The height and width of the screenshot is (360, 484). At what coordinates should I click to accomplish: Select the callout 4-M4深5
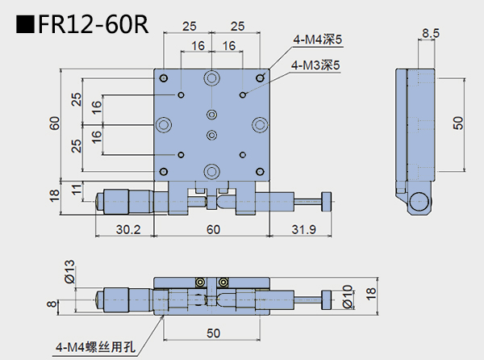(317, 38)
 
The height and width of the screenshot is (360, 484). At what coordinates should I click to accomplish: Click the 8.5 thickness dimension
(430, 33)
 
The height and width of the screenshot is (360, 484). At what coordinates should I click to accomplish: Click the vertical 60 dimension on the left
(54, 123)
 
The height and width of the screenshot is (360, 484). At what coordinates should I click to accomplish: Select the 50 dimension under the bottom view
(212, 333)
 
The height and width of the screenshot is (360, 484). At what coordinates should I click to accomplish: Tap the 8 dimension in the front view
(52, 303)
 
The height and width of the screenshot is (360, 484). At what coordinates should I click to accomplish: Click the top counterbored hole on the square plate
(212, 78)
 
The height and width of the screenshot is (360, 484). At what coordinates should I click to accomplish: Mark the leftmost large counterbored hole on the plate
(165, 124)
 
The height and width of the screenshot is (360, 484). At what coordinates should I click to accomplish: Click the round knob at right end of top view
(327, 199)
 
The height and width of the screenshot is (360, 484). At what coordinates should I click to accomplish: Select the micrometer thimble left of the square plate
(119, 199)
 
